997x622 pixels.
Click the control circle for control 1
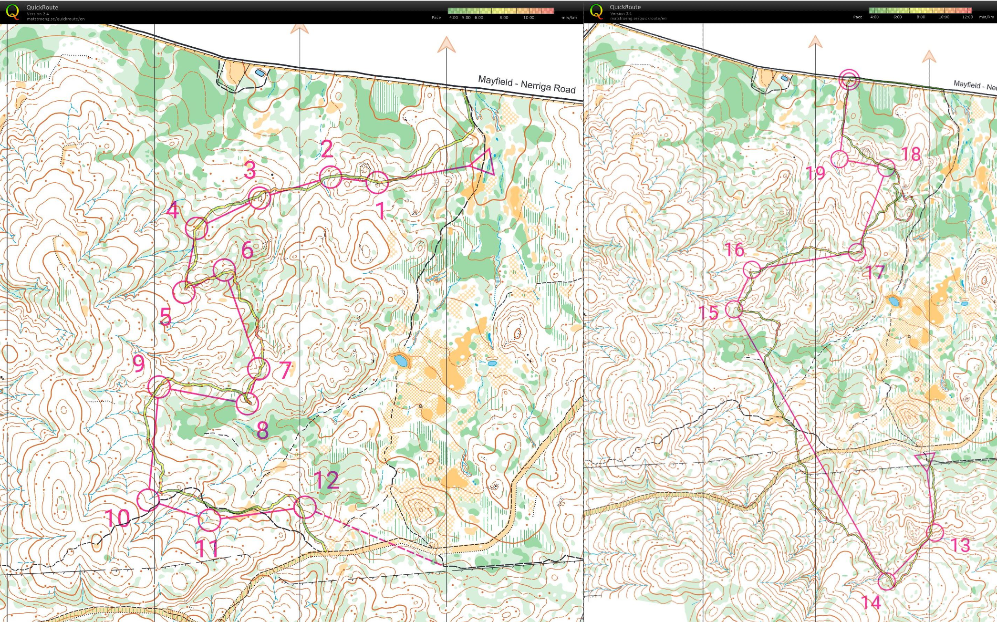point(377,182)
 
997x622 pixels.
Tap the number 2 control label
point(327,149)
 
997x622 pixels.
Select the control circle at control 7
point(258,368)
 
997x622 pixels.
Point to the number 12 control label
point(326,480)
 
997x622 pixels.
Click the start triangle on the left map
point(483,162)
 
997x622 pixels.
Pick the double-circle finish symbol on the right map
point(850,79)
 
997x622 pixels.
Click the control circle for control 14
point(887,581)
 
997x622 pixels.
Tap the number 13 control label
point(960,545)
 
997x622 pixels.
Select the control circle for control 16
point(752,270)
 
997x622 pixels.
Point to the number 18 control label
point(911,154)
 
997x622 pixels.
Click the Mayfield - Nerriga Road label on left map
point(527,84)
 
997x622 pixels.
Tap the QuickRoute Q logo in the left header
point(12,11)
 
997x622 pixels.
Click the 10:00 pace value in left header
point(529,18)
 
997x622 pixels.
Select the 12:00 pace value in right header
point(967,17)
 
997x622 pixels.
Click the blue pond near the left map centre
point(400,360)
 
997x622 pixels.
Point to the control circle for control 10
point(148,499)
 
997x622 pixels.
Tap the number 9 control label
point(139,363)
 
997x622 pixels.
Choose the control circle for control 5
point(184,292)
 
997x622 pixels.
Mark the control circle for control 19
point(840,159)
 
